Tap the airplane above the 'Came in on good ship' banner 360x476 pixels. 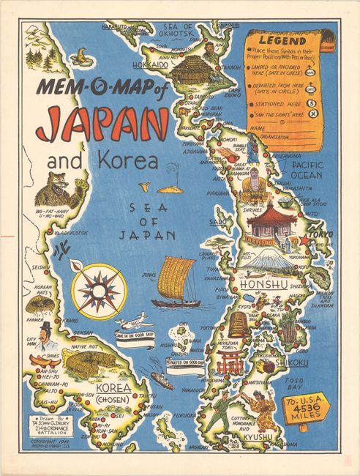tap(133, 321)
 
